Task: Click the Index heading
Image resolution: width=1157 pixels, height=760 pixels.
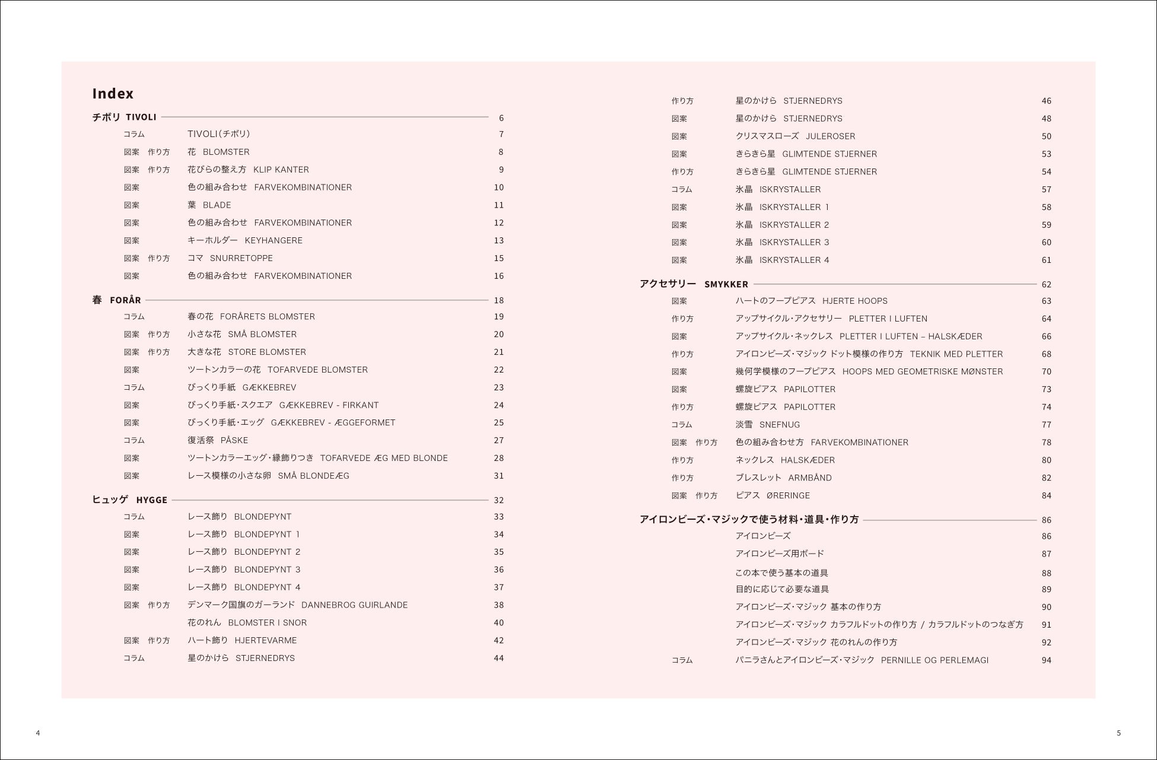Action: tap(113, 94)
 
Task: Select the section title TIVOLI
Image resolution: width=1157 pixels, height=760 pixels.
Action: tap(141, 117)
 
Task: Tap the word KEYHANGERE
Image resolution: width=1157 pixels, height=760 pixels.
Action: tap(274, 241)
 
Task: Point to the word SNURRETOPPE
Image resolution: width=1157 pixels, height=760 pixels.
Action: tap(241, 259)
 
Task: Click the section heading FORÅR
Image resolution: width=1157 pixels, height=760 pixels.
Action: tap(125, 300)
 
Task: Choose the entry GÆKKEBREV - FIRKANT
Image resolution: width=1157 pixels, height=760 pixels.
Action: tap(329, 405)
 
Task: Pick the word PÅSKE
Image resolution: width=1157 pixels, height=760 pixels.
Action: tap(234, 441)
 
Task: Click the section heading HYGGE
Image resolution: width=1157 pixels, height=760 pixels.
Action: tap(152, 500)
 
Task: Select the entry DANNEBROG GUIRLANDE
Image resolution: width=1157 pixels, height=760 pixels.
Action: tap(354, 605)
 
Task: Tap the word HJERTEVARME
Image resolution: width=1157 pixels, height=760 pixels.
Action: tap(266, 641)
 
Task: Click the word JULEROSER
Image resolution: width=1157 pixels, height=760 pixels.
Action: tap(830, 136)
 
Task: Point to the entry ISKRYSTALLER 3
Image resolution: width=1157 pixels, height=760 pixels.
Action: tap(794, 243)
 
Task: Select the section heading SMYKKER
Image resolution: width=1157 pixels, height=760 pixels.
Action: tap(726, 285)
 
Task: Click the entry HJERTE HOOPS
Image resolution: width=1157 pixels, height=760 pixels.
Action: tap(855, 301)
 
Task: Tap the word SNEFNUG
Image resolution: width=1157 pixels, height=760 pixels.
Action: tap(780, 425)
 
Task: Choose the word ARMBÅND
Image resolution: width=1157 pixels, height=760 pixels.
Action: tap(810, 478)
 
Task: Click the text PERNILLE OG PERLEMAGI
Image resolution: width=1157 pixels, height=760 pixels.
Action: tap(935, 660)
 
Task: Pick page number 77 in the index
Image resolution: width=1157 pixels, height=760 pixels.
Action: tap(1046, 425)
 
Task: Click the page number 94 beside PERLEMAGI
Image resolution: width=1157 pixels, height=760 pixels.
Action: tap(1046, 660)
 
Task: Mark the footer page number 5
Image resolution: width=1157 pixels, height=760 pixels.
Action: tap(1118, 733)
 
